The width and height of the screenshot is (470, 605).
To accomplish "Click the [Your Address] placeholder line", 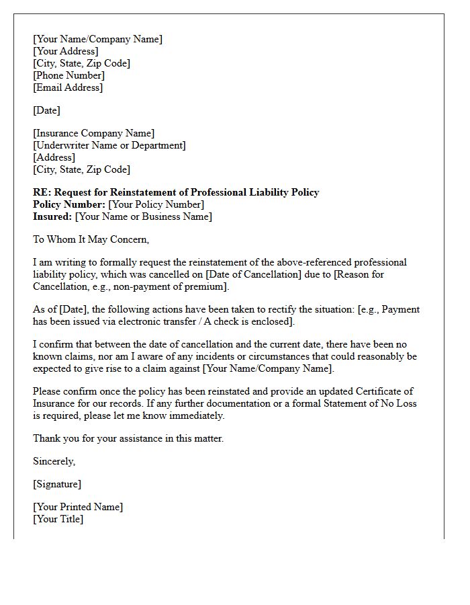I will point(65,51).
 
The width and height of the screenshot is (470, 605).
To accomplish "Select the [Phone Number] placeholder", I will point(68,75).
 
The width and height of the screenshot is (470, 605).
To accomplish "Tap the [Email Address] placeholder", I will point(68,87).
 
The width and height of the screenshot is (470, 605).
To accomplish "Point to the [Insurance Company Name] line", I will point(93,133).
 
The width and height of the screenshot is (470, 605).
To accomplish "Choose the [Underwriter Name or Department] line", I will point(109,145).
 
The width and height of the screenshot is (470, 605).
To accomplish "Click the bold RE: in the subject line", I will point(42,192).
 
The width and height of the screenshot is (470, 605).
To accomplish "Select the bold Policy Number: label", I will point(69,204).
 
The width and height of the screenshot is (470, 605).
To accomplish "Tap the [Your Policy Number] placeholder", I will point(156,204).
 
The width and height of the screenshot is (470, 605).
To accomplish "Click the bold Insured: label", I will point(52,216).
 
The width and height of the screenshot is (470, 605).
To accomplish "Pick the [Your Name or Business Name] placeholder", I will point(144,216).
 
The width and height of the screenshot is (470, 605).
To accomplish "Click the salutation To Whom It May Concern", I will point(91,239).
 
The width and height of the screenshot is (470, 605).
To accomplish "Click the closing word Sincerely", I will point(54,461).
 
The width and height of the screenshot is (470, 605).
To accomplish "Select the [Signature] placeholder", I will point(57,484).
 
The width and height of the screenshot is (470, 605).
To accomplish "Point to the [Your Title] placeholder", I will point(58,519).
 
